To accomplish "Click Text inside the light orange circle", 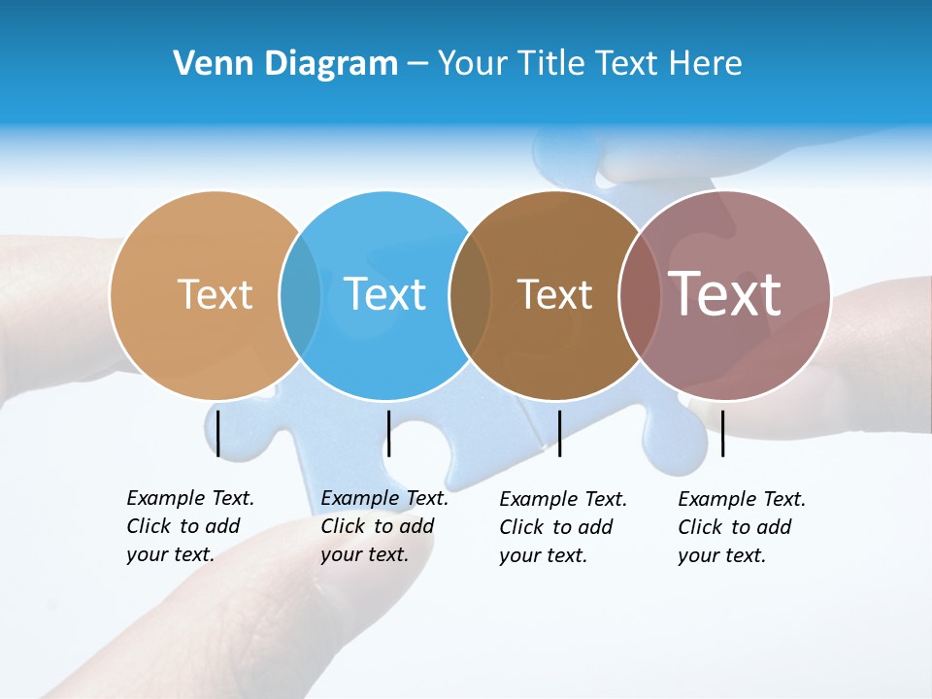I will click(215, 294).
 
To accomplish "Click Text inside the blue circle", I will click(384, 294).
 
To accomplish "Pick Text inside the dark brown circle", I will click(554, 294).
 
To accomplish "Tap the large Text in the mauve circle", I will click(724, 293).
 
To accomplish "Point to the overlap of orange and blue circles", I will click(300, 295).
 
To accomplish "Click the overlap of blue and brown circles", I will click(470, 295).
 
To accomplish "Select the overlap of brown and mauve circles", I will click(639, 295).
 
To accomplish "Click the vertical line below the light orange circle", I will click(218, 433).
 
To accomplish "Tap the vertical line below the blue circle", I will click(388, 433).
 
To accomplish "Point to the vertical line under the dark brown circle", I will click(559, 433).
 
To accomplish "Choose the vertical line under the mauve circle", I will click(722, 433).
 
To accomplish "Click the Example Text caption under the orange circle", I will click(189, 526).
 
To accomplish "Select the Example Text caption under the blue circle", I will click(383, 526).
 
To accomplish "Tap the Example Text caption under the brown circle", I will click(562, 527).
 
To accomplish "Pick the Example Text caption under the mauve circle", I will click(741, 527).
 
